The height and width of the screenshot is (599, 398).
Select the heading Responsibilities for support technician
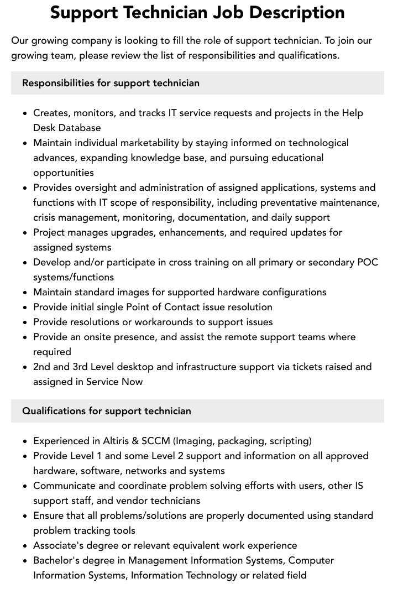pos(111,83)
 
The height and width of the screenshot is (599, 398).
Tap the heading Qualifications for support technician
pos(107,411)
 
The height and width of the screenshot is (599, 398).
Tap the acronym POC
pos(366,262)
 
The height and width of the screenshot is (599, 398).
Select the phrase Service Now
pos(114,382)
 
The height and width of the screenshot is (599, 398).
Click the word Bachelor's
pos(57,560)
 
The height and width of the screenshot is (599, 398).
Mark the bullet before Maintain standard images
pos(25,292)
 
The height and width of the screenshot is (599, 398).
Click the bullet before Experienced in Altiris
pos(25,441)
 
